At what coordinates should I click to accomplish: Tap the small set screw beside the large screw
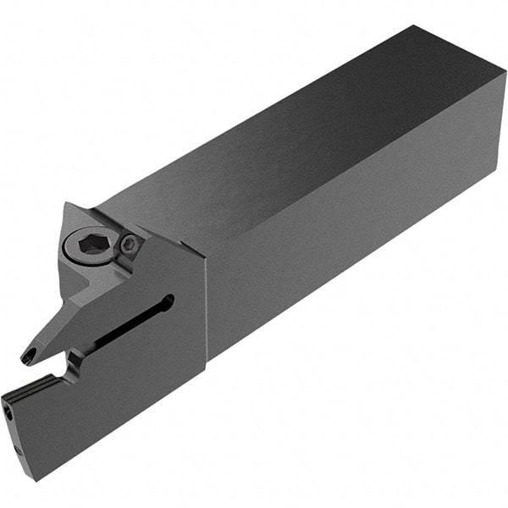pos(129,245)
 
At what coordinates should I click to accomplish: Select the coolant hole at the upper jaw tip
pos(29,351)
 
